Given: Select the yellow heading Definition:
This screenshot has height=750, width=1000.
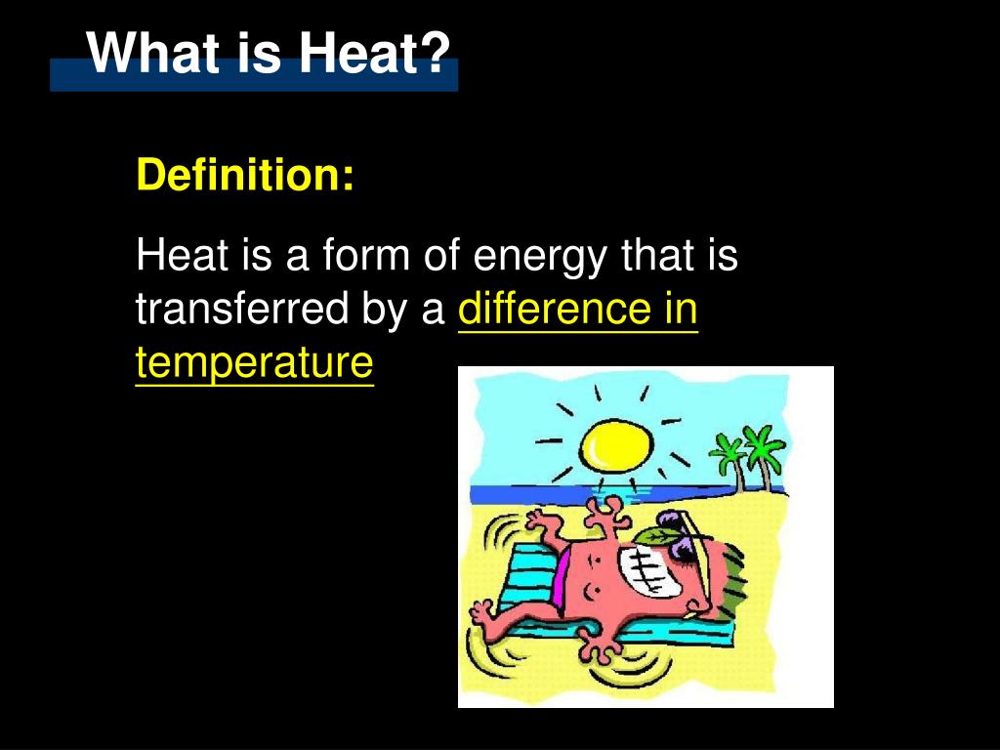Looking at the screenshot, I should point(245,175).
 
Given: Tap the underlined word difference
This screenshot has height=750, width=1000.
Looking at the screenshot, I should point(554,310).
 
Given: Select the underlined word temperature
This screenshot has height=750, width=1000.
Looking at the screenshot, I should point(254,363).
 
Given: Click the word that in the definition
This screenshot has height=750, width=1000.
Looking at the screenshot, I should point(655,256).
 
